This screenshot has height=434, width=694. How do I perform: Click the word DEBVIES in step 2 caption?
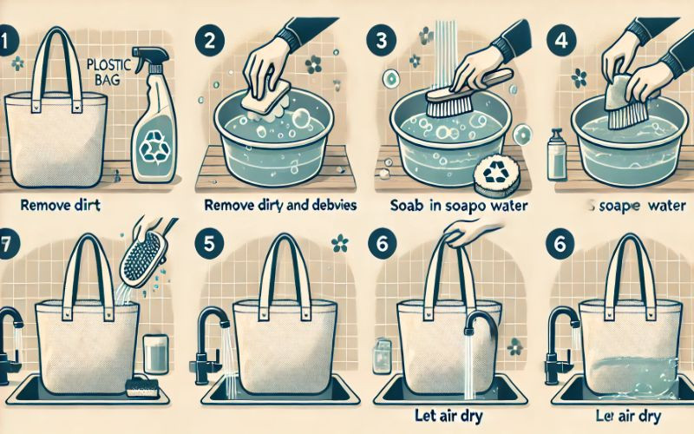click(325, 207)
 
